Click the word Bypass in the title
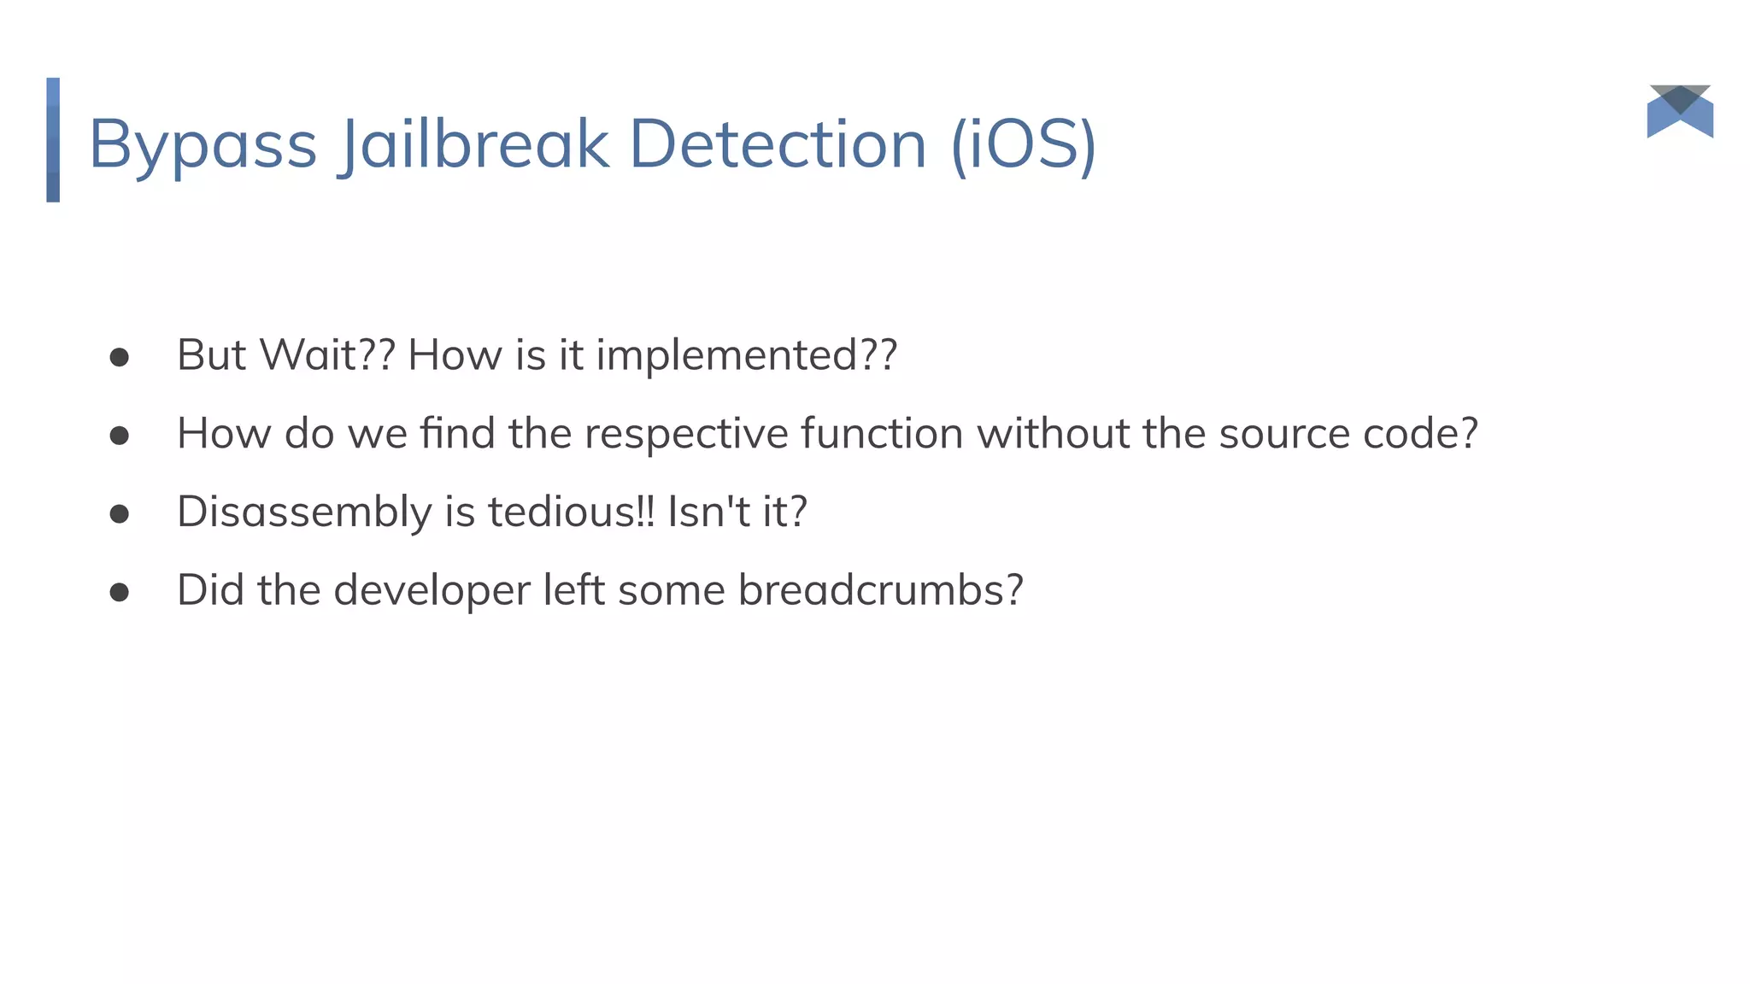point(203,145)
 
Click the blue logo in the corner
point(1680,112)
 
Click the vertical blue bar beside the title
point(53,140)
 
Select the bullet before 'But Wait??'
point(120,357)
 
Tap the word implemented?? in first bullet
point(746,355)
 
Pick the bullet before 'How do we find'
point(120,436)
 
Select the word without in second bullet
point(1053,433)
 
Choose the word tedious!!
point(571,512)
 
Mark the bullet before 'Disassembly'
point(120,514)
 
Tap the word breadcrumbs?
point(880,590)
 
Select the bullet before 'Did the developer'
point(120,593)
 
